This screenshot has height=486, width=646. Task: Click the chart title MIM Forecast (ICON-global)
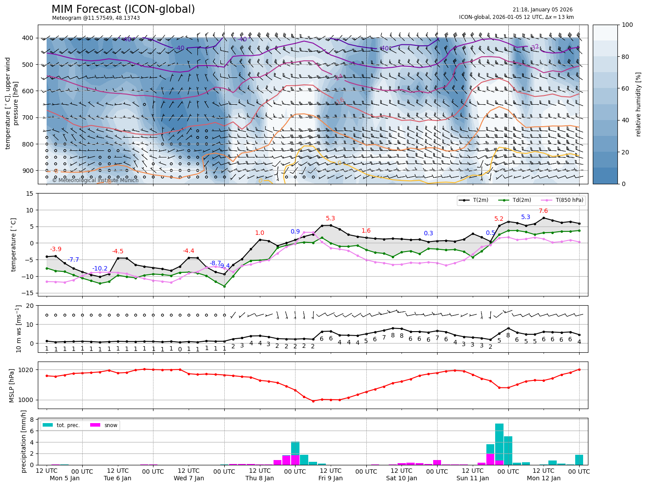[x=123, y=9]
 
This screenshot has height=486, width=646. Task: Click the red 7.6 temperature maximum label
[x=543, y=211]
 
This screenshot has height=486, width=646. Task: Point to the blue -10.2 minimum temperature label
[x=100, y=268]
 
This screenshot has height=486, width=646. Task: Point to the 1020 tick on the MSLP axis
[x=27, y=370]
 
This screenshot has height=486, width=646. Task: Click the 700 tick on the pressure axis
[x=28, y=117]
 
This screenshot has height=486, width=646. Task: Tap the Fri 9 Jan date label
[x=330, y=479]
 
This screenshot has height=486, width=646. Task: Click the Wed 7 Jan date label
[x=189, y=479]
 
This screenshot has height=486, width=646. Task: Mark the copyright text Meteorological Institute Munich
[x=95, y=180]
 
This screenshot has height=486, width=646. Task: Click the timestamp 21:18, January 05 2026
[x=542, y=10]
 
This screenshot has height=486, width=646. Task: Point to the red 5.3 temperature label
[x=330, y=219]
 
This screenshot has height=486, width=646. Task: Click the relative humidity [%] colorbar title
[x=639, y=104]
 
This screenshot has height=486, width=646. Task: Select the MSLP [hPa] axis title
[x=12, y=385]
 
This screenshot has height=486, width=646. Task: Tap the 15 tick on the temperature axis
[x=29, y=194]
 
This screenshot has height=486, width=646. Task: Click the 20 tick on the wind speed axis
[x=30, y=306]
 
